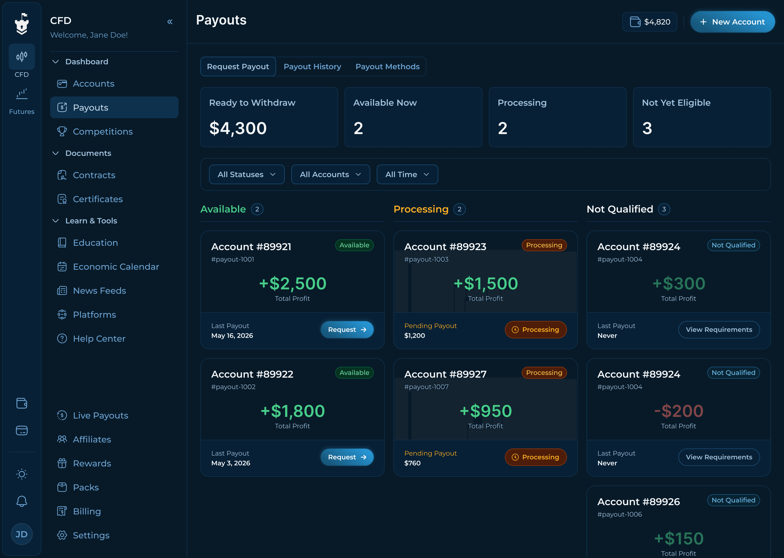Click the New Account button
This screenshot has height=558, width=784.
pos(733,22)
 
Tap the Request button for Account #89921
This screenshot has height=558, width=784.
pos(347,329)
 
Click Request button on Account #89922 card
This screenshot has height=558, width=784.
pos(347,457)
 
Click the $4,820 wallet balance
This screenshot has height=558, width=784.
pos(650,22)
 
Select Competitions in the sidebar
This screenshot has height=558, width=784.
pos(103,132)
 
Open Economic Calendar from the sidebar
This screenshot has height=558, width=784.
pos(116,267)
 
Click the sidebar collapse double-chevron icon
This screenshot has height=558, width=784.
pos(170,22)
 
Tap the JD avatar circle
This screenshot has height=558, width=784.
pos(22,534)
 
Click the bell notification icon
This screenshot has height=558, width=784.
pos(22,501)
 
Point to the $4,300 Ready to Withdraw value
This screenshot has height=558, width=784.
pos(238,128)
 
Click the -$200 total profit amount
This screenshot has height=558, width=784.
pos(679,411)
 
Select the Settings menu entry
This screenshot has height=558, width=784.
pos(91,535)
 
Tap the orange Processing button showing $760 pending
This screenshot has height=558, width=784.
pos(535,457)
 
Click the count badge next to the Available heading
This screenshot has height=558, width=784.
pos(257,209)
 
